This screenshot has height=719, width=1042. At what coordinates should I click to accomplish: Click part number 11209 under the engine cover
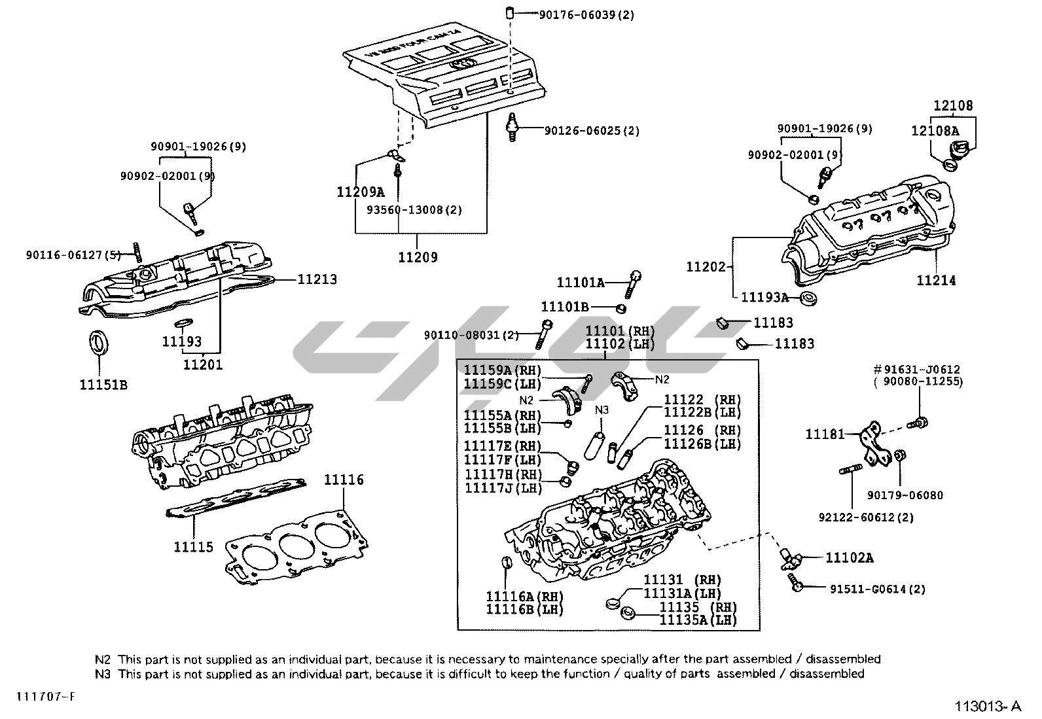pyautogui.click(x=418, y=257)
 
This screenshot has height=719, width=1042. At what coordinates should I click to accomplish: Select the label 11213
pyautogui.click(x=317, y=279)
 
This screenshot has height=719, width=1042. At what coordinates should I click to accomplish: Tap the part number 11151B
pyautogui.click(x=103, y=384)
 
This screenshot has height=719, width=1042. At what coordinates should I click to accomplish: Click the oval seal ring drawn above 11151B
pyautogui.click(x=99, y=343)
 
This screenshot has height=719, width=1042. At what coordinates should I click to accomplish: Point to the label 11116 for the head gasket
pyautogui.click(x=344, y=480)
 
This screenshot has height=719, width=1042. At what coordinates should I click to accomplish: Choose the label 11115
pyautogui.click(x=193, y=546)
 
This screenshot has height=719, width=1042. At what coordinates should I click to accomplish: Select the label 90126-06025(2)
pyautogui.click(x=592, y=131)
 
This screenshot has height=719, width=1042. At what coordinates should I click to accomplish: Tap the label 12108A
pyautogui.click(x=935, y=131)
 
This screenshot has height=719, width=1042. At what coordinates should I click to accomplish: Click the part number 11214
pyautogui.click(x=936, y=281)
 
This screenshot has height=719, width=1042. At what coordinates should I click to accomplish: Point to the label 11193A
pyautogui.click(x=764, y=297)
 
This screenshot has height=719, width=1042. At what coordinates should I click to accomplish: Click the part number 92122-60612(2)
pyautogui.click(x=866, y=517)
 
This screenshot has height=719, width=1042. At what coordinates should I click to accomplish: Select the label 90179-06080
pyautogui.click(x=905, y=495)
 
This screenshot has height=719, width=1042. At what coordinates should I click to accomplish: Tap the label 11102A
pyautogui.click(x=849, y=557)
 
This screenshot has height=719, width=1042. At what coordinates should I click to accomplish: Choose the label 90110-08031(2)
pyautogui.click(x=471, y=335)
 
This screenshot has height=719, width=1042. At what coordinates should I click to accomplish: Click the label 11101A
pyautogui.click(x=581, y=283)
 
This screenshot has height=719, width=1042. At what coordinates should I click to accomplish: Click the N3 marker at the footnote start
pyautogui.click(x=103, y=673)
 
